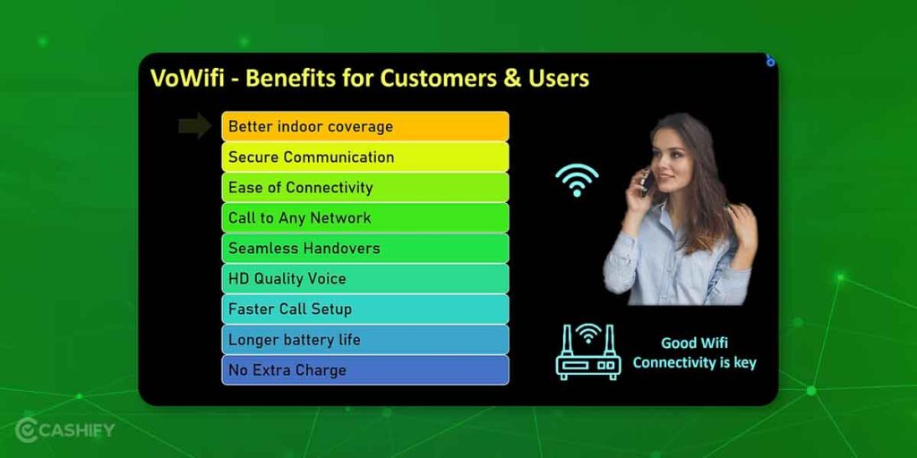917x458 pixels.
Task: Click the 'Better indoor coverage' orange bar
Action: (365, 126)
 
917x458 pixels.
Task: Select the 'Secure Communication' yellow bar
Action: (365, 157)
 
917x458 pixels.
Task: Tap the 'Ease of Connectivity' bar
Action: (365, 187)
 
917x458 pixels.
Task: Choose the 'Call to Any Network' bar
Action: (365, 217)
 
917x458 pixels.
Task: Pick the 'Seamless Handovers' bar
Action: (365, 248)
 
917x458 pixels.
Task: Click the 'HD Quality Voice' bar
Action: (365, 278)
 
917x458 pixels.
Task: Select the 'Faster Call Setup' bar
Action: (365, 309)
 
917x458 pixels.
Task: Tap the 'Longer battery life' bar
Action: (365, 339)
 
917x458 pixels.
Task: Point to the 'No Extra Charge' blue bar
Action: (365, 369)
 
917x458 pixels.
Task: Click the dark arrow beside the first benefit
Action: (194, 126)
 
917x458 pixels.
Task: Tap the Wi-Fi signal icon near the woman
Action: (577, 180)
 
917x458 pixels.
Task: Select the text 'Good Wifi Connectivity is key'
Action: (695, 352)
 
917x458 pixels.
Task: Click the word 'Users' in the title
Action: (558, 78)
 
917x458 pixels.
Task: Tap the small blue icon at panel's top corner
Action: (770, 61)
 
